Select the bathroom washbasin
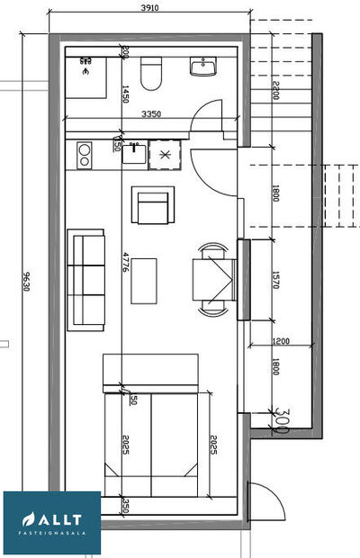203,68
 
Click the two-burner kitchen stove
84,157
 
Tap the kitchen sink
133,156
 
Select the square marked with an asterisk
164,155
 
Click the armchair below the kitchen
153,206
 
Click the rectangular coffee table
144,281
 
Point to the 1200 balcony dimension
282,341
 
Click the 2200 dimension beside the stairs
276,89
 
